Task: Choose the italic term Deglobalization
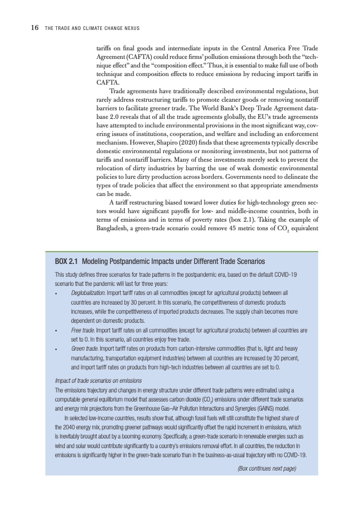[x=88, y=293]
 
